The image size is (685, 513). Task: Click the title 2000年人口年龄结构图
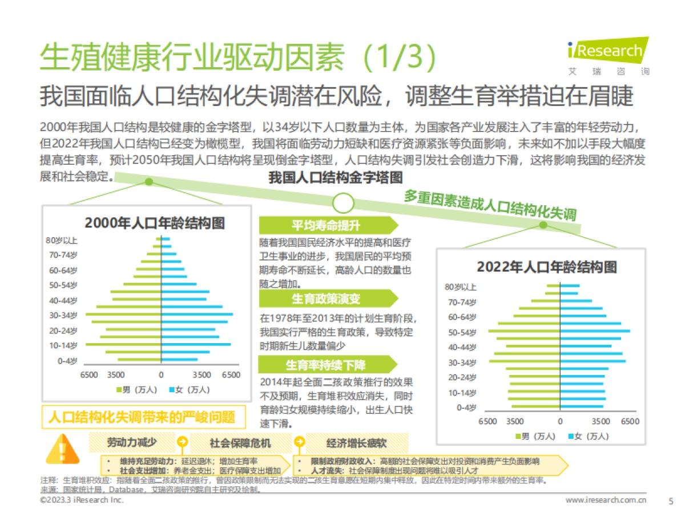point(155,223)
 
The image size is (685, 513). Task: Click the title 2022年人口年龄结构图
point(547,267)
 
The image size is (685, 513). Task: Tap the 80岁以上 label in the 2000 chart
point(62,241)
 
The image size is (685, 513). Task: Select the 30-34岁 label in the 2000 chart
point(63,315)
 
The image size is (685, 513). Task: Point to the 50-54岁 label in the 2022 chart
point(462,332)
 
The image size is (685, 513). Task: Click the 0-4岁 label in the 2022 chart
point(465,408)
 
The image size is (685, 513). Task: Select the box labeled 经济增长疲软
point(357,443)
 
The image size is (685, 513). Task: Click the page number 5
point(670,500)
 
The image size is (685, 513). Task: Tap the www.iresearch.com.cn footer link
point(606,500)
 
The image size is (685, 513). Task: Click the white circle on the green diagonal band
point(344,202)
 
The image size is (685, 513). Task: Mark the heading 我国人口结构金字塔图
point(336,178)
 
